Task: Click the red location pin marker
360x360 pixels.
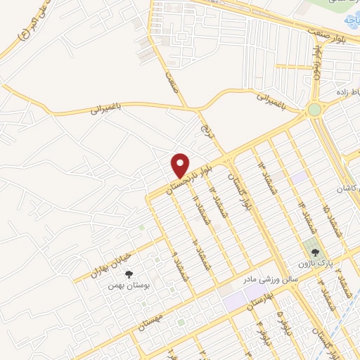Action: pos(181,165)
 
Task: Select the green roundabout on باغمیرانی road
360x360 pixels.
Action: pos(314,110)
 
